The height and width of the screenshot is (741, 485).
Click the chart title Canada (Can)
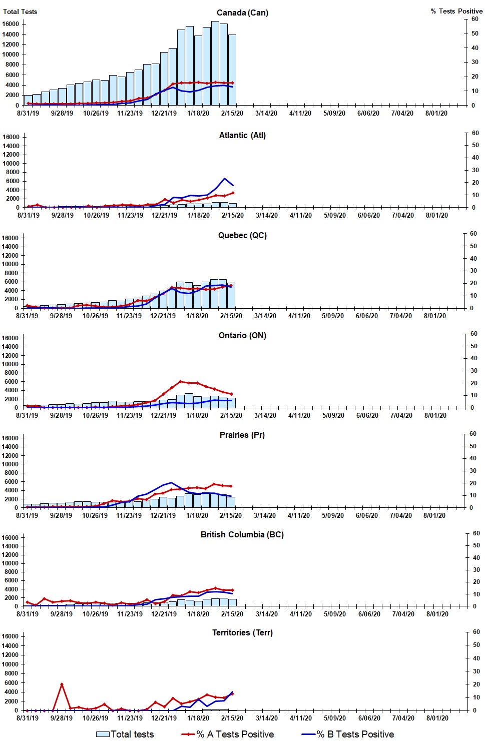tap(242, 13)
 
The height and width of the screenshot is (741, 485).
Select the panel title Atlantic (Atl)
tap(242, 135)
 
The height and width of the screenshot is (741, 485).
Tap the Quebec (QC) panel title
tap(242, 235)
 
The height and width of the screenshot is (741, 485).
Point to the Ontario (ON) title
tap(242, 335)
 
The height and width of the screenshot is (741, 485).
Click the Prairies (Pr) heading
tap(242, 435)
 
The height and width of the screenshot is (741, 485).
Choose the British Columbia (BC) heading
tap(242, 534)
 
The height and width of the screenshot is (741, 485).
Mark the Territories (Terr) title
tap(242, 632)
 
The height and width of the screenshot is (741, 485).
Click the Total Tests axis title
tap(20, 12)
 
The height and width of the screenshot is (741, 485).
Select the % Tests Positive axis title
tap(456, 11)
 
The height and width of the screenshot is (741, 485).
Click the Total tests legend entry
tap(125, 734)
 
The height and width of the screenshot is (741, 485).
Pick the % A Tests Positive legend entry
tap(228, 734)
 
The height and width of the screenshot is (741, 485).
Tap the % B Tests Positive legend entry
tap(348, 734)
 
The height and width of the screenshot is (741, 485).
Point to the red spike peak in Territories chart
tap(62, 684)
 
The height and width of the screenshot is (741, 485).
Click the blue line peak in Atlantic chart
tap(224, 179)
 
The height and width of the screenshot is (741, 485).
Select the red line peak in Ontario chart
tap(181, 382)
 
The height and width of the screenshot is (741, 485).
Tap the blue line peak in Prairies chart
tap(172, 483)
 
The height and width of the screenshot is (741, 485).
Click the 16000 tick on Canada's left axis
tap(11, 24)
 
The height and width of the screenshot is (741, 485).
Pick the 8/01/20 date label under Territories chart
tap(437, 718)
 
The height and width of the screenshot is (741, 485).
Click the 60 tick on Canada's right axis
tap(474, 19)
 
